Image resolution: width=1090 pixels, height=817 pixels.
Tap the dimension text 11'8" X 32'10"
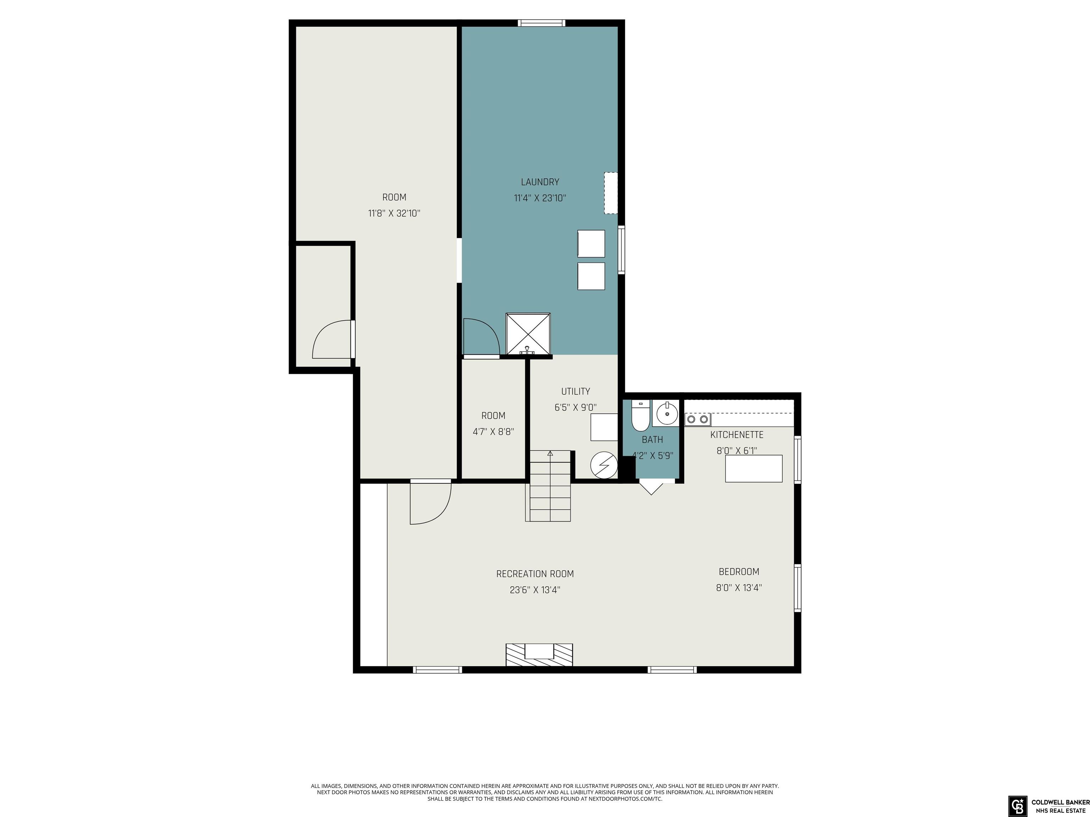click(394, 213)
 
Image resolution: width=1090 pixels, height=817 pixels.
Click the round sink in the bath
click(667, 414)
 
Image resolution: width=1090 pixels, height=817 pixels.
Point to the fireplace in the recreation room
click(539, 655)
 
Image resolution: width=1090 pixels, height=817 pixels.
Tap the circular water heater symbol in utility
click(604, 465)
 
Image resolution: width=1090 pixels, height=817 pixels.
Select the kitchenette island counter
click(753, 468)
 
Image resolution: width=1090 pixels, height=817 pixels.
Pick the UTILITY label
click(576, 391)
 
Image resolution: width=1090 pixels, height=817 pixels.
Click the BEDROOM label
click(739, 572)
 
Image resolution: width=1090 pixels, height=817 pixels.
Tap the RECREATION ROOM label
click(535, 574)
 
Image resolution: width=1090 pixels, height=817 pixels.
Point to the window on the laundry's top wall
click(541, 23)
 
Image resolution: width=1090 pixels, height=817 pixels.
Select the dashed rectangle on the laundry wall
click(611, 193)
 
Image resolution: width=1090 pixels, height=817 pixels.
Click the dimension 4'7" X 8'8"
click(493, 432)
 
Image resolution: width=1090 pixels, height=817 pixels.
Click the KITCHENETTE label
click(737, 435)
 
